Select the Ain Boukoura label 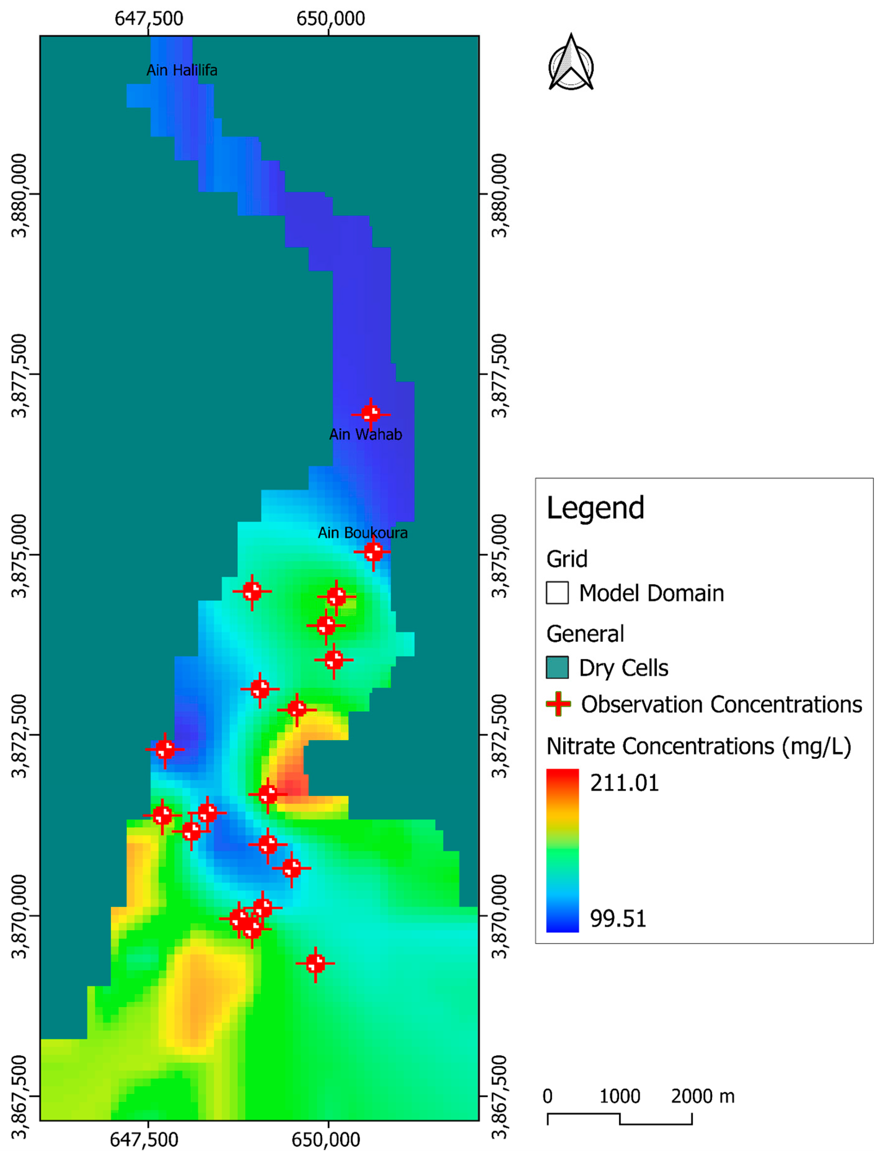[x=363, y=533]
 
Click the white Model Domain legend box [x=557, y=593]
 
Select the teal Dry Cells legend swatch [x=557, y=668]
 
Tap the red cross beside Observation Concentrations [x=558, y=704]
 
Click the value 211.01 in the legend [x=624, y=783]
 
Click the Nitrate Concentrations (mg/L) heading [x=699, y=746]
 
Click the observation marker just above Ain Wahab [x=371, y=413]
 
